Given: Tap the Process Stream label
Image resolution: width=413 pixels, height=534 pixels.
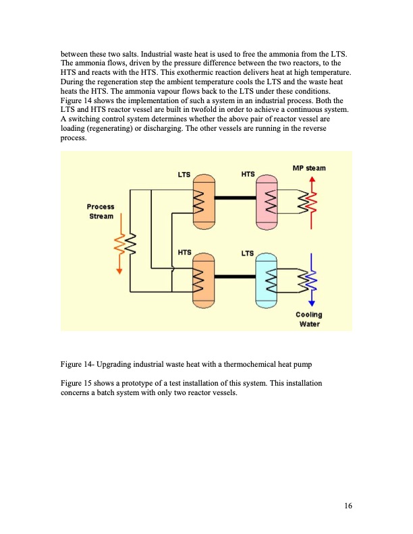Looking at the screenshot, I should point(101,211).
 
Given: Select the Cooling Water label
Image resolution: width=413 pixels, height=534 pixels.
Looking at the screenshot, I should point(308,319).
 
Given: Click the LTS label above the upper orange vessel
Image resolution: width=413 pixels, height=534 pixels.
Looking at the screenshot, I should point(184,175).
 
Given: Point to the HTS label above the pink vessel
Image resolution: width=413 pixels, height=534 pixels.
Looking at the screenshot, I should point(248,175).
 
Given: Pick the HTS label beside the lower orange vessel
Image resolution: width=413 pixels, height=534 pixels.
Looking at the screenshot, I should point(184,253).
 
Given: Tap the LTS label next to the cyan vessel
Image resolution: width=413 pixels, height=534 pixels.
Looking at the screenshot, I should point(248,254).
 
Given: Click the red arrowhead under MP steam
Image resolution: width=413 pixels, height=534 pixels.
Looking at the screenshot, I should point(312,179).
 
